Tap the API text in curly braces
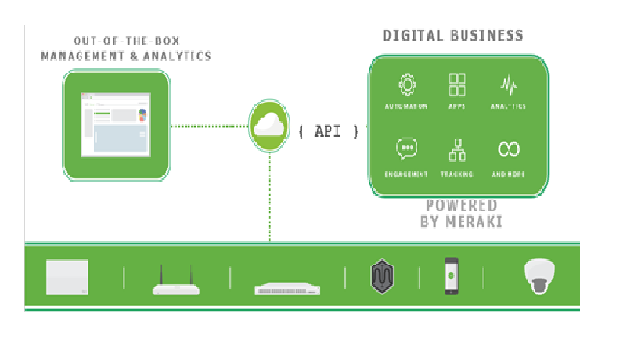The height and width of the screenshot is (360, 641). click(330, 131)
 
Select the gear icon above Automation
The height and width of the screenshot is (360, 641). click(406, 84)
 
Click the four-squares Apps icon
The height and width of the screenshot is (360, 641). click(457, 84)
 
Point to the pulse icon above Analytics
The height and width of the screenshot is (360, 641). click(508, 84)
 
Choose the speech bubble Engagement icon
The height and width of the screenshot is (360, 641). click(406, 149)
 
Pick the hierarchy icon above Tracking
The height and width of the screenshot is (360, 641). click(457, 149)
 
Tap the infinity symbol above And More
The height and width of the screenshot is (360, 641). click(509, 149)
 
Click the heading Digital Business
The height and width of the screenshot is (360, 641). click(452, 35)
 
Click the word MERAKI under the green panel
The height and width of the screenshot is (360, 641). click(474, 221)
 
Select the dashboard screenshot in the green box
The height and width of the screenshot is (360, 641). click(116, 124)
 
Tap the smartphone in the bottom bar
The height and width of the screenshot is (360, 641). click(452, 276)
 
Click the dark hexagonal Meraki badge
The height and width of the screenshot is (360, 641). click(382, 277)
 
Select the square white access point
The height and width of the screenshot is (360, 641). click(67, 278)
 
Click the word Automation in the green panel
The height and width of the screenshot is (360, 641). click(406, 106)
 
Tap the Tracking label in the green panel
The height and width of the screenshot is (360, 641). click(457, 175)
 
